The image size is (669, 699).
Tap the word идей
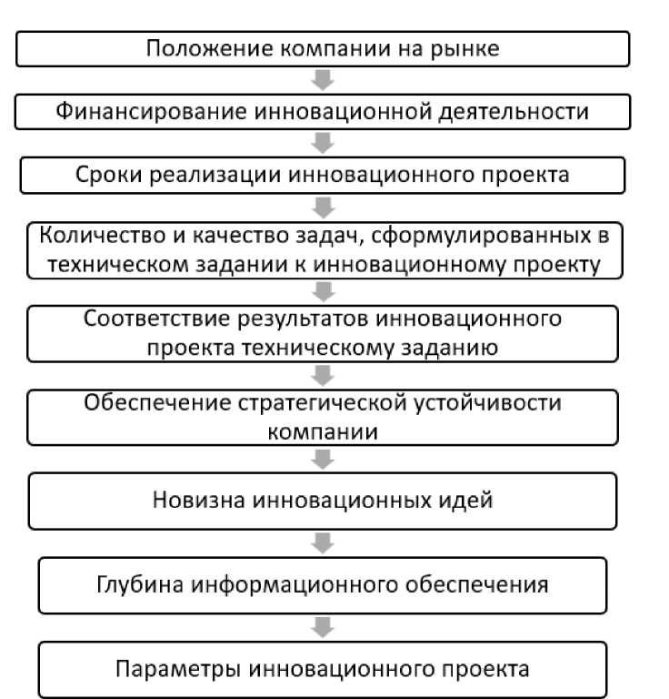coord(464,500)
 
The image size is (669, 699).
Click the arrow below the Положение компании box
coord(323,80)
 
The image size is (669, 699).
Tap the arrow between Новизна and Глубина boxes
coord(323,542)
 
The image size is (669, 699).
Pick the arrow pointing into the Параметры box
coord(323,628)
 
